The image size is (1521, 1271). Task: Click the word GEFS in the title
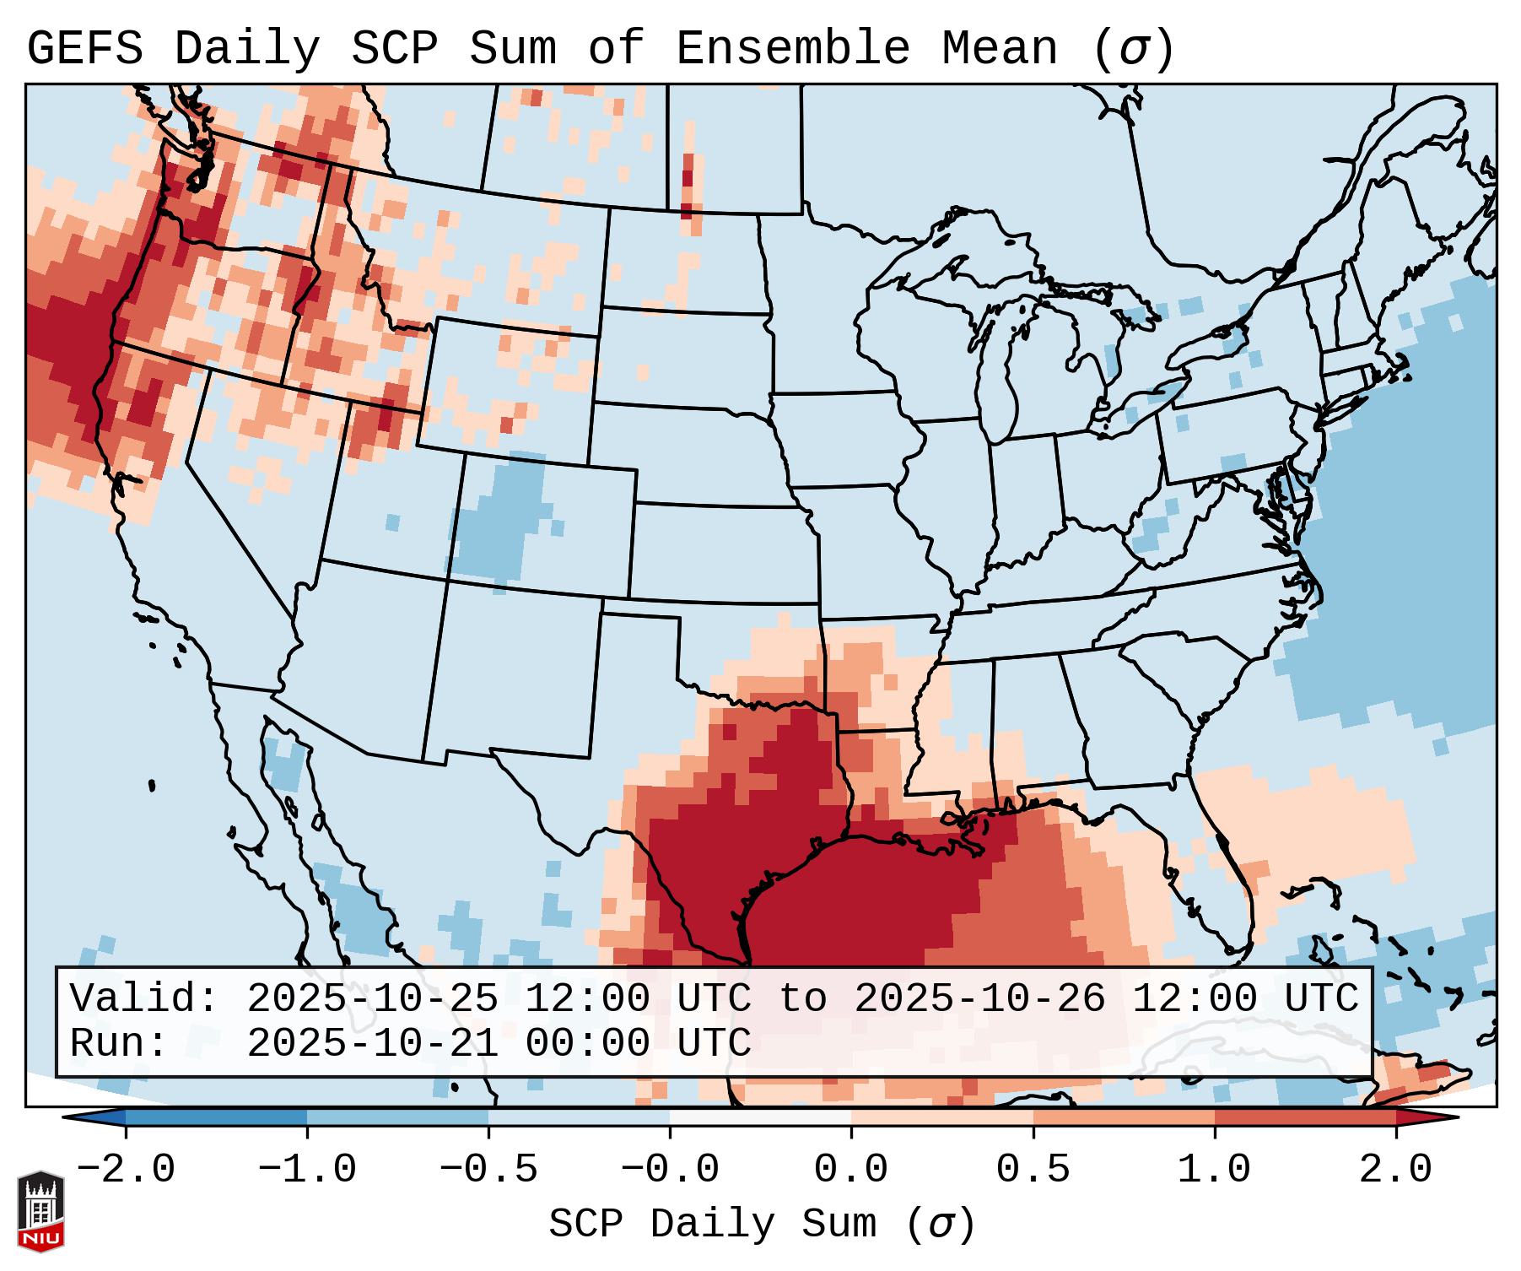tap(84, 49)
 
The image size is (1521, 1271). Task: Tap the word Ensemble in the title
tap(793, 49)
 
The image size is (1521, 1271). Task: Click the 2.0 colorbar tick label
tap(1396, 1170)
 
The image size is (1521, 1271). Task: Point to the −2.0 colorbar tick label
tap(126, 1170)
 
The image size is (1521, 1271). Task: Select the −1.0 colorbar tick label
tap(307, 1170)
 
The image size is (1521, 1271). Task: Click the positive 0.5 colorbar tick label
tap(1033, 1170)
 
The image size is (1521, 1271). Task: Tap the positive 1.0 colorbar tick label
tap(1215, 1170)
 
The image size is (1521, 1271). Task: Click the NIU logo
tap(40, 1210)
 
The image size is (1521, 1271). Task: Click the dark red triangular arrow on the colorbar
tap(1426, 1117)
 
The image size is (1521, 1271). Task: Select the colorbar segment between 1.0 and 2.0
tap(1305, 1117)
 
